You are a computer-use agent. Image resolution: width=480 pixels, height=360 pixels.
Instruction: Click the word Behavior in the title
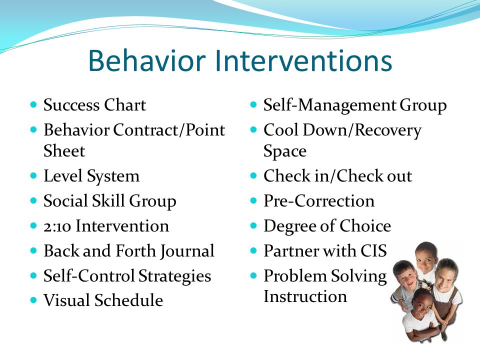click(146, 60)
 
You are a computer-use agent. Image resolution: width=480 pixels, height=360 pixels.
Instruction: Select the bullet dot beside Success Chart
click(33, 104)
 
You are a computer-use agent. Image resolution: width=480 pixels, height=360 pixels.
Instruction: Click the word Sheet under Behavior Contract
click(64, 151)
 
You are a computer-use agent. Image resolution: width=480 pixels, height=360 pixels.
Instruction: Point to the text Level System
click(91, 176)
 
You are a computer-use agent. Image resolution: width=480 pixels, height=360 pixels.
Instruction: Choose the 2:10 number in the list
click(57, 226)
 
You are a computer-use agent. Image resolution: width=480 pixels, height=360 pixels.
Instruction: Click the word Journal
click(187, 251)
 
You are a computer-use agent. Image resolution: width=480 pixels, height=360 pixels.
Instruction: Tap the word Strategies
click(175, 276)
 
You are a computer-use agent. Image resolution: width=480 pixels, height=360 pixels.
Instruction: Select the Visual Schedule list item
click(103, 300)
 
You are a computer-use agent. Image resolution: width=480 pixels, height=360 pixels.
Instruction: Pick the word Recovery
click(388, 130)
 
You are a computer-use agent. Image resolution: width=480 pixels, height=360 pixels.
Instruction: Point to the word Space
click(285, 151)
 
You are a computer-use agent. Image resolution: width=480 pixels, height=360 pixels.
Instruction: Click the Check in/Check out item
click(337, 176)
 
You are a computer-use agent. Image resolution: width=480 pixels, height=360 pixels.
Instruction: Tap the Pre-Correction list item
click(319, 201)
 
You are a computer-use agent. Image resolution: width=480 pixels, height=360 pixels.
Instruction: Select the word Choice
click(365, 226)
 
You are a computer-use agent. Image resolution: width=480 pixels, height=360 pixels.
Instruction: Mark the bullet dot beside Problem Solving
click(253, 275)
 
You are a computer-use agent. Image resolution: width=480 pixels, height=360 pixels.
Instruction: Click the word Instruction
click(305, 296)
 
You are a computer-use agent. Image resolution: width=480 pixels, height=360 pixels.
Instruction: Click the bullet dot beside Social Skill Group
click(33, 201)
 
